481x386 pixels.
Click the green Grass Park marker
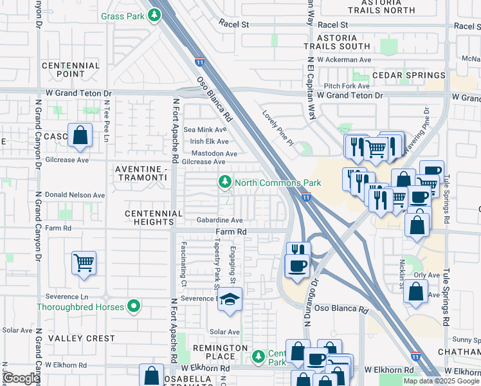pyautogui.click(x=154, y=14)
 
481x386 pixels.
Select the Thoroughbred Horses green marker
pyautogui.click(x=134, y=307)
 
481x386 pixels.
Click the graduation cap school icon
pyautogui.click(x=230, y=299)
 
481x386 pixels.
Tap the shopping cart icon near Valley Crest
pyautogui.click(x=84, y=262)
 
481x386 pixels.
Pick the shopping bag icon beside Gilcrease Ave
pyautogui.click(x=80, y=136)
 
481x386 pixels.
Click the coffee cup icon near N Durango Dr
pyautogui.click(x=296, y=265)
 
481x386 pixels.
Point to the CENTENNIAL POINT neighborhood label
pyautogui.click(x=71, y=70)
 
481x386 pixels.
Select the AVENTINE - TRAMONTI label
pyautogui.click(x=140, y=173)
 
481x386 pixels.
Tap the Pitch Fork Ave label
pyautogui.click(x=347, y=86)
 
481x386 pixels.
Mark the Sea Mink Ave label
pyautogui.click(x=206, y=129)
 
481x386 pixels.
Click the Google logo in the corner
pyautogui.click(x=21, y=379)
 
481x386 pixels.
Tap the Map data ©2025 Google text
pyautogui.click(x=440, y=381)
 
